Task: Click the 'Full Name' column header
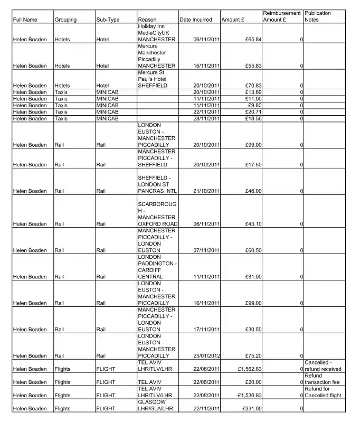click(25, 20)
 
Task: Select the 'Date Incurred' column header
click(195, 20)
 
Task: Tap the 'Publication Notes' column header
click(318, 16)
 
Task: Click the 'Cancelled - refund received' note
click(323, 366)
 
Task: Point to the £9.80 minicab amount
click(254, 106)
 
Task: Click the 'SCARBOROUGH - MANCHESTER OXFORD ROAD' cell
click(157, 214)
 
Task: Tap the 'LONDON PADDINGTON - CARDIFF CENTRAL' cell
click(157, 267)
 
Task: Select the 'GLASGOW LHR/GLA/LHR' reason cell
click(155, 405)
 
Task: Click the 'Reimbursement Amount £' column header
click(282, 16)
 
